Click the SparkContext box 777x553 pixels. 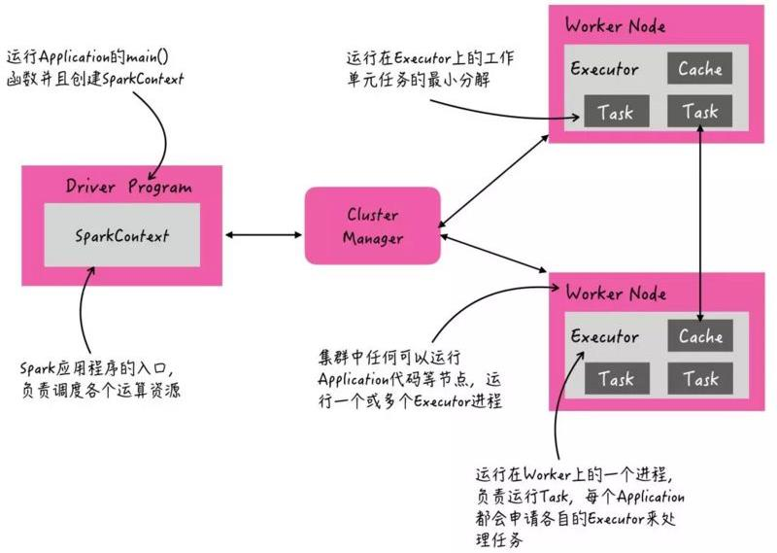click(x=121, y=235)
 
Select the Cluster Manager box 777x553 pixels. click(x=373, y=225)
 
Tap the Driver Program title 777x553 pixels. click(x=128, y=187)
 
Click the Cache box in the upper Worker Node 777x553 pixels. click(x=700, y=69)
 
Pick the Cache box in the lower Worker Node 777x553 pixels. click(x=700, y=336)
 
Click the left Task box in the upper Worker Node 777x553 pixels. click(x=616, y=112)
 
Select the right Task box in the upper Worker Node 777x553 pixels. click(x=700, y=112)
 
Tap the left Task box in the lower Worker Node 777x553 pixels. click(x=616, y=379)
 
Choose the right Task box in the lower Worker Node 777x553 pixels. click(x=700, y=379)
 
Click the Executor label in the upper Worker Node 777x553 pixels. click(x=604, y=70)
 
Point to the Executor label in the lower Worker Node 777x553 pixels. click(x=604, y=337)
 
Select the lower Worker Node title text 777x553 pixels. click(x=615, y=293)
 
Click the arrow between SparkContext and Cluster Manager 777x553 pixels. click(x=263, y=234)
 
